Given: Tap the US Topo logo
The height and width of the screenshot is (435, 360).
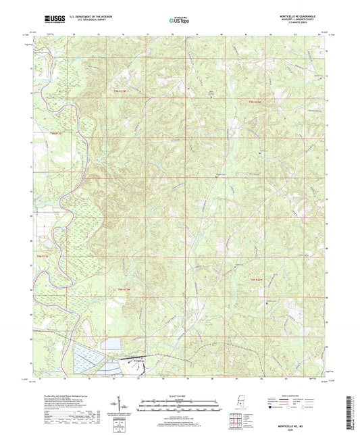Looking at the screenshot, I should click(x=179, y=21).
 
